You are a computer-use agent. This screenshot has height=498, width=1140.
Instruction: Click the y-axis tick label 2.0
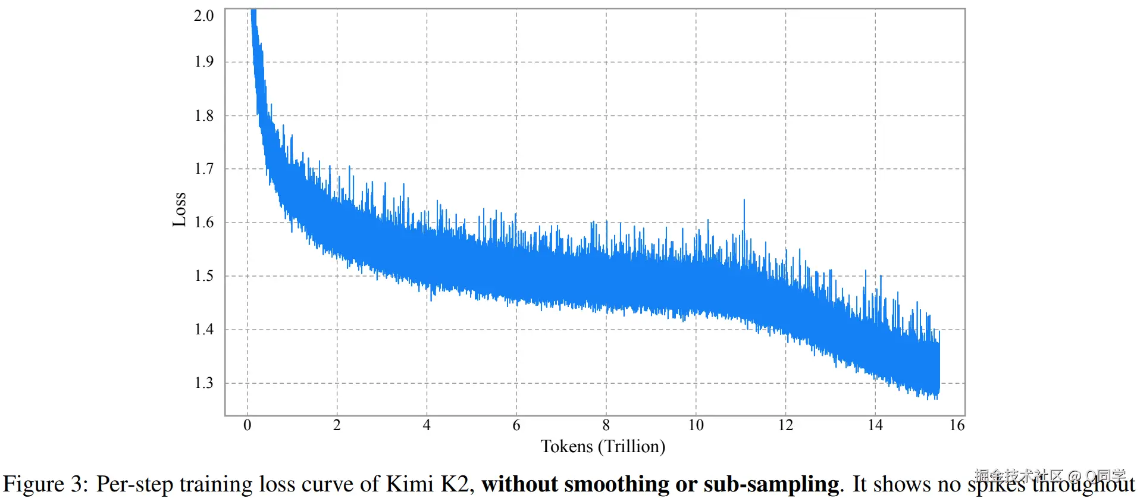coord(203,16)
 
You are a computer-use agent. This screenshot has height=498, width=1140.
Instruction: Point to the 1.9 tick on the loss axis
coord(203,62)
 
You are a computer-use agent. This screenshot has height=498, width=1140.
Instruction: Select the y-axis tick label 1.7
coord(203,169)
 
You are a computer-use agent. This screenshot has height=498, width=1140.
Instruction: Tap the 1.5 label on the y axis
coord(203,276)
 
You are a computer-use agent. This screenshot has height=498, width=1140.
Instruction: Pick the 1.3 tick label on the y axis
coord(203,383)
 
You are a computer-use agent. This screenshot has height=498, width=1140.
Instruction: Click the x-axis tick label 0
coord(248,425)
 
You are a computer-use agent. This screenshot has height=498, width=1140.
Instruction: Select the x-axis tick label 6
coord(516,425)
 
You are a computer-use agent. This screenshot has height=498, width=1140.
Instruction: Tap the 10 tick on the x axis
coord(696,425)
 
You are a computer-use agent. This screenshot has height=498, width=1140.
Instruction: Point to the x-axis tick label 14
coord(875,425)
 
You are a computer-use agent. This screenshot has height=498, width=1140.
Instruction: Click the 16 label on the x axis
coord(957,425)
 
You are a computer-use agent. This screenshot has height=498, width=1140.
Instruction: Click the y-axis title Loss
coord(179,209)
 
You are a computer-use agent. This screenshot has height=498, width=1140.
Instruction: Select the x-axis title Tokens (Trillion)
coord(603,447)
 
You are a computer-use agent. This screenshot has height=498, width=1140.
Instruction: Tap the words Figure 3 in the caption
coord(45,484)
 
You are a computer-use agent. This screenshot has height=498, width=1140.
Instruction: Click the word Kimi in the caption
coord(410,484)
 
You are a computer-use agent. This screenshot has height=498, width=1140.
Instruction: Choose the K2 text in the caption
coord(455,484)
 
